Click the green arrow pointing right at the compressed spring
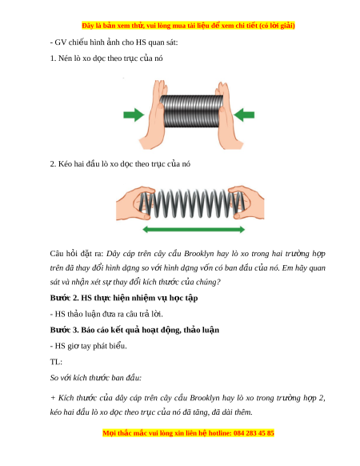coord(134,114)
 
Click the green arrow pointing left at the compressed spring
coord(244,114)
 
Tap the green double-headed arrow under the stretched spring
coord(194,229)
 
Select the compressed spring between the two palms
coord(191,111)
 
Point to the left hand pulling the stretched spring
coord(135,203)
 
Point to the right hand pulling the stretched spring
coord(247,203)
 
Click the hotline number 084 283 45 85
coord(254,433)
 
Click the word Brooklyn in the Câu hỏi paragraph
coord(198,254)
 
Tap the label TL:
coord(56,362)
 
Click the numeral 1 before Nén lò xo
coord(53,58)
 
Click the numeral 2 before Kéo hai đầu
coord(53,164)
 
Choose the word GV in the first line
coord(60,42)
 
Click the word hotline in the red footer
coord(220,433)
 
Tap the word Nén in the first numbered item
coord(65,58)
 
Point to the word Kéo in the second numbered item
coord(65,164)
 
